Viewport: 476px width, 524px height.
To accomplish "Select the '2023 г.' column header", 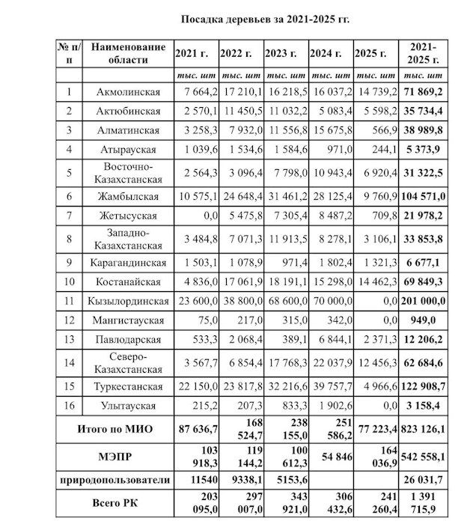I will tap(284, 54).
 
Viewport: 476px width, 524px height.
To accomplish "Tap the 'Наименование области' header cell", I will tap(129, 53).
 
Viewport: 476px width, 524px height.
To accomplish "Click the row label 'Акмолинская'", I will tap(129, 92).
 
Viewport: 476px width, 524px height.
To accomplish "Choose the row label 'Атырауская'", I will tap(129, 150).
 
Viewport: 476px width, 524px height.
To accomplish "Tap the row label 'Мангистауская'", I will tap(129, 320).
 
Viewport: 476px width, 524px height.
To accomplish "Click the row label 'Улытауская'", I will tap(129, 406).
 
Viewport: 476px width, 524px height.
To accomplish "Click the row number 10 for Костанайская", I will tap(69, 281).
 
